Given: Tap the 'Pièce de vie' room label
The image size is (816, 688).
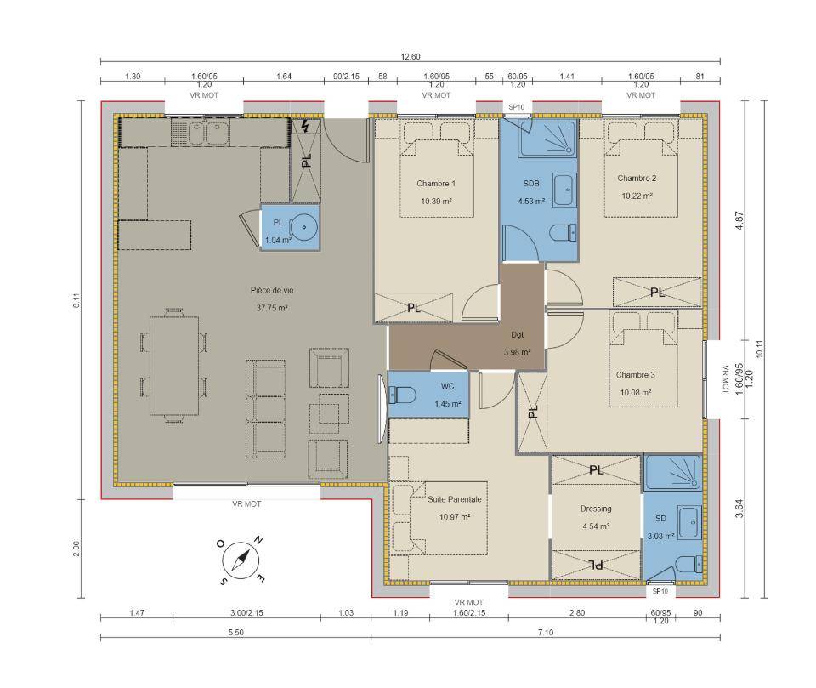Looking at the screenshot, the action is (272, 291).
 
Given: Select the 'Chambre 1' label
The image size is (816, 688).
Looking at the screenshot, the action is (436, 184).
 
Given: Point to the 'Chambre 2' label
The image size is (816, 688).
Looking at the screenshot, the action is (637, 178).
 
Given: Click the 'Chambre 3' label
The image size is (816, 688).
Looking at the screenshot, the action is (636, 374).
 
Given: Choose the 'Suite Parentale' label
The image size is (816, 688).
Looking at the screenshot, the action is (455, 499).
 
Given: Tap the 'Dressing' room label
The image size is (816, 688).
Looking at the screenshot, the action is (596, 509).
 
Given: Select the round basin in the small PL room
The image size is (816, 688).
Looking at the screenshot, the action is (303, 228).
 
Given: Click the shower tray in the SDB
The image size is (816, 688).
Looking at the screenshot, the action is (547, 138).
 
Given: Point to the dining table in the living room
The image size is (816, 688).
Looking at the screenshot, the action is (174, 366).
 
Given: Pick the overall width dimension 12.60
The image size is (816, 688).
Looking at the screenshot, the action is (411, 57).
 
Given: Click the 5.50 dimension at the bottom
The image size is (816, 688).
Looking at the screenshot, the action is (235, 632).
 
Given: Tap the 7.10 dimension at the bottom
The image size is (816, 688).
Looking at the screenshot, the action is (546, 632).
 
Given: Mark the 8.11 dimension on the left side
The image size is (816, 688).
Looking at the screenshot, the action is (76, 302).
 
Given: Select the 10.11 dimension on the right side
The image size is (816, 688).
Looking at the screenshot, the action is (759, 349).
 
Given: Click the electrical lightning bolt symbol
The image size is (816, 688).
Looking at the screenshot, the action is (305, 126).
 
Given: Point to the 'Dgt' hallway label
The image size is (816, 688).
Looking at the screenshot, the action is (518, 335).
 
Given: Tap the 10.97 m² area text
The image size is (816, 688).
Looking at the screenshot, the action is (455, 517).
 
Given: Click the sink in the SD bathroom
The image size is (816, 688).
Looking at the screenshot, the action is (690, 522).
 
